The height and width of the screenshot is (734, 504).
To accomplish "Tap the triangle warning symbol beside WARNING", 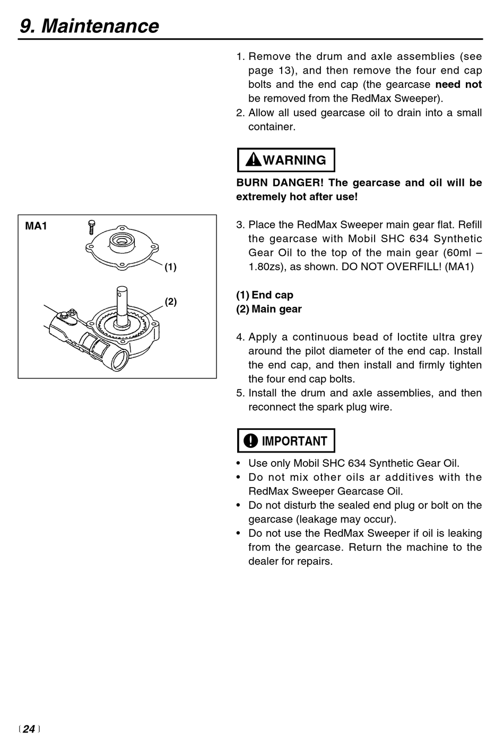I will click(x=254, y=160).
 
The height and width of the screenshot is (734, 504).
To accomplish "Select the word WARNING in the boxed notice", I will click(x=294, y=160).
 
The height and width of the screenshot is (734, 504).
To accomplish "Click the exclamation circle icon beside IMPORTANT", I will click(x=250, y=441).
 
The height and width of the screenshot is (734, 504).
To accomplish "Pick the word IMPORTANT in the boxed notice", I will click(x=294, y=441).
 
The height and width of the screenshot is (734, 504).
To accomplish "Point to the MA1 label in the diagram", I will click(x=36, y=226).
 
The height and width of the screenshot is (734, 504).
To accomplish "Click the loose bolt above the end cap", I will click(x=91, y=227).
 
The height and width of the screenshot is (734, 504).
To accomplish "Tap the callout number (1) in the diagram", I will click(x=170, y=267).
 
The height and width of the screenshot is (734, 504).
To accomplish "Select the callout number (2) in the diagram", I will click(x=170, y=302).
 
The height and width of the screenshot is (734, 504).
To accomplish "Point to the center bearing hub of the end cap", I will click(x=121, y=242).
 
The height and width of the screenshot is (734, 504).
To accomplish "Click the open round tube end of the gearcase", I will click(x=118, y=361).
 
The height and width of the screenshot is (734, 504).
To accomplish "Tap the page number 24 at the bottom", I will click(x=29, y=729).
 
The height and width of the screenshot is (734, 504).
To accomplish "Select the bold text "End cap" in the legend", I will click(x=272, y=295).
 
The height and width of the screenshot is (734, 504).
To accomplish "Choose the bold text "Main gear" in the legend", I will click(x=276, y=309).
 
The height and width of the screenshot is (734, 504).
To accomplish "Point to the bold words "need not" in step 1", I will click(x=458, y=85).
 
